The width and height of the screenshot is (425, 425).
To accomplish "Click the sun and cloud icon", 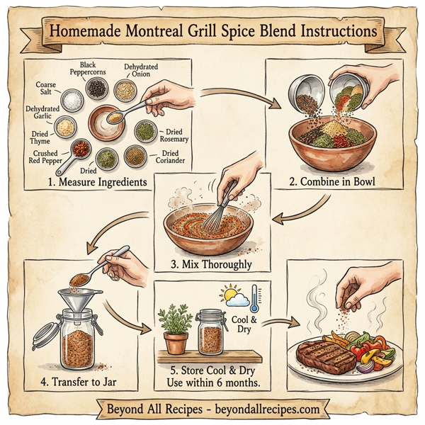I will (x=233, y=296).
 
